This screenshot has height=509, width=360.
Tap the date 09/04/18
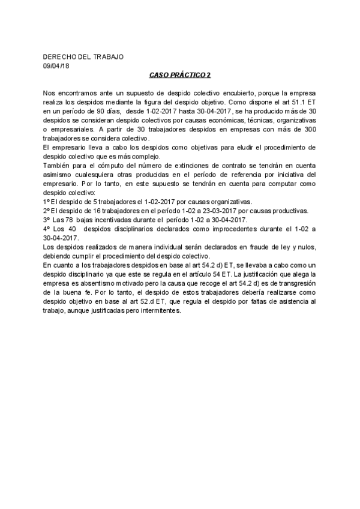tap(56, 65)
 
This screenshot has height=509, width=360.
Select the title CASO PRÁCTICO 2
tap(180, 76)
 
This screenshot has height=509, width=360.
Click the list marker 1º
tap(47, 201)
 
